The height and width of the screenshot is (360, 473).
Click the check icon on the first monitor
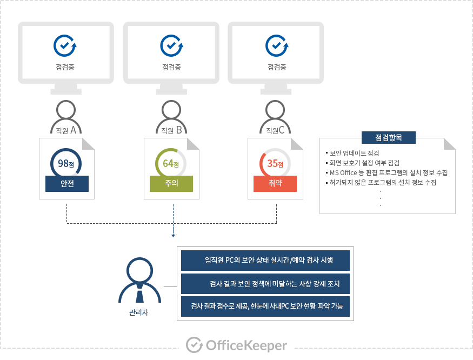pos(65,45)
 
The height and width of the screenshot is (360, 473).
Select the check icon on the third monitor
pos(276,45)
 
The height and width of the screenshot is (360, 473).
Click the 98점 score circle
pos(66,163)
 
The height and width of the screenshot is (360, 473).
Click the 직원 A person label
pos(66,129)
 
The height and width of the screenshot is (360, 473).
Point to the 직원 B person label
pos(171,129)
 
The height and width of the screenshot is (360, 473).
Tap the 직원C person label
pos(276,129)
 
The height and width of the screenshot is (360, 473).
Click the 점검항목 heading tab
pos(388,137)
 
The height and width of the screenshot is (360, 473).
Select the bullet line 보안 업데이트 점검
pos(354,153)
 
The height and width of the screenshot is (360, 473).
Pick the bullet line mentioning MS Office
pos(389,172)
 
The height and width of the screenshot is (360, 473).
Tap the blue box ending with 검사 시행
pos(265,260)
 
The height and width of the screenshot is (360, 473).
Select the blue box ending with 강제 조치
pos(265,283)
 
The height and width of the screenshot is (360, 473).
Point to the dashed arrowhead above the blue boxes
pos(172,235)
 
